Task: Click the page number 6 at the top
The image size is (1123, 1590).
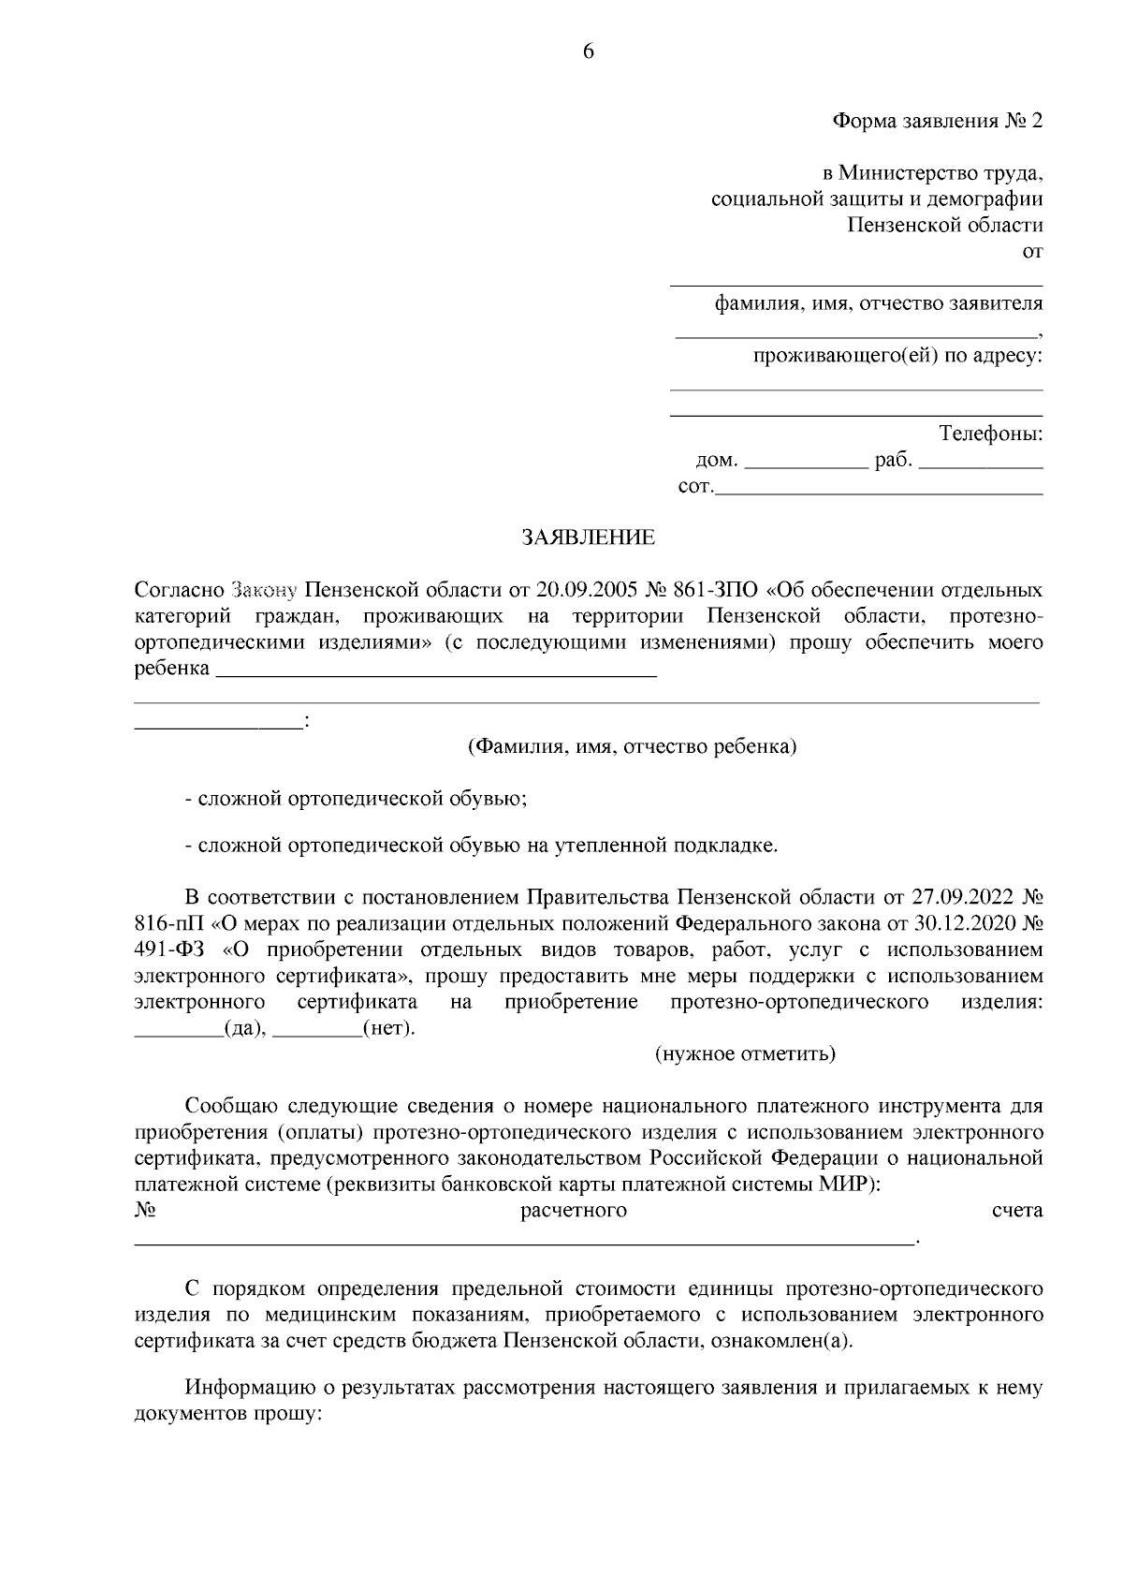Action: [x=588, y=52]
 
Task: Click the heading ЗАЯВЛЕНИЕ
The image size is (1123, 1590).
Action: [x=588, y=538]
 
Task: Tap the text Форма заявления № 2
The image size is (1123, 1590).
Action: [x=937, y=122]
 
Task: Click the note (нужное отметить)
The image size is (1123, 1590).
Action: [x=745, y=1054]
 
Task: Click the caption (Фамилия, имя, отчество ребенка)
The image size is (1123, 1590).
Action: [x=632, y=747]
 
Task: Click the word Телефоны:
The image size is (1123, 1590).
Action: [x=990, y=434]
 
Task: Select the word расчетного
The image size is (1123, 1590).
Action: [x=573, y=1211]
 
